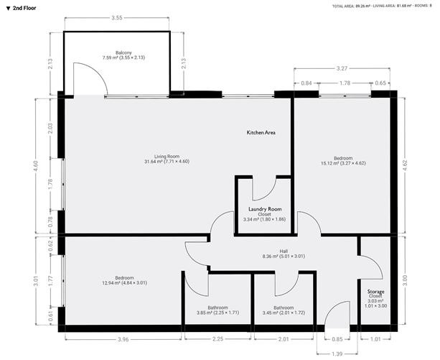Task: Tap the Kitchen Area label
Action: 261,133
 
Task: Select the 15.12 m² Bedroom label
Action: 342,160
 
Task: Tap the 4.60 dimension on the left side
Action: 37,164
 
